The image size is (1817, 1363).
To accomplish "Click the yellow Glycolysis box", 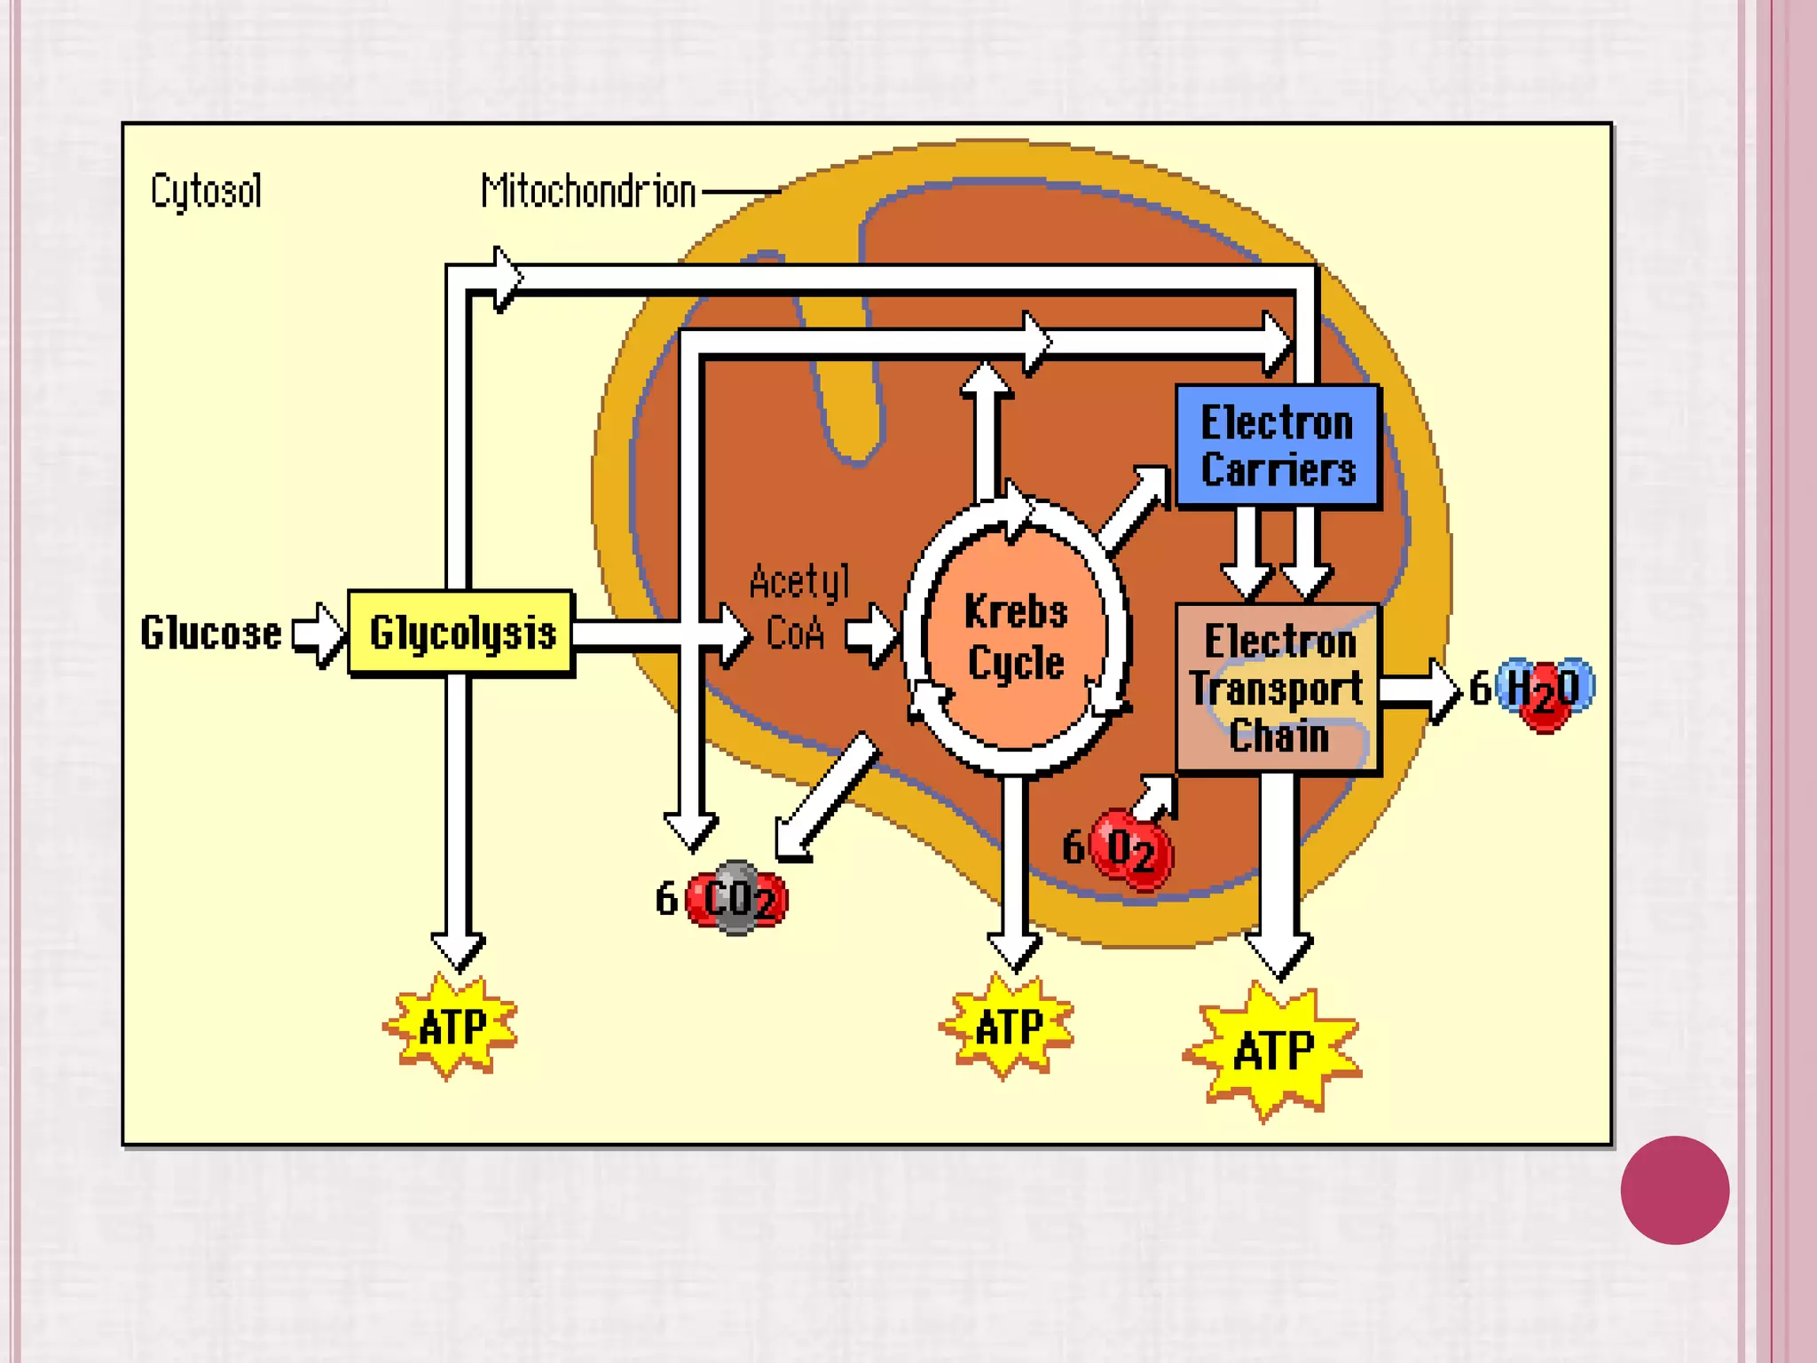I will coord(461,633).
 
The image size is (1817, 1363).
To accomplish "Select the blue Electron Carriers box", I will coord(1277,445).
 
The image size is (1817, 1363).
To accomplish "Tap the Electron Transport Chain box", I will coord(1277,689).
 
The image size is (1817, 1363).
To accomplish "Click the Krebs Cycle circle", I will coord(1016,637).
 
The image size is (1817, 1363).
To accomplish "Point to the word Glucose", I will coord(211,634).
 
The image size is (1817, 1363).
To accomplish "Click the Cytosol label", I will coord(206,191).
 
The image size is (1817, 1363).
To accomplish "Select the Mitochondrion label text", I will coord(588,192).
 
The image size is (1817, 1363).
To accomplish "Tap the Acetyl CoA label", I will coord(798,608).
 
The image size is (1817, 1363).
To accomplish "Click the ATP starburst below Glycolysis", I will coord(451,1027).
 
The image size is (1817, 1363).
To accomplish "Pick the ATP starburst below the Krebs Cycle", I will coord(1008,1027).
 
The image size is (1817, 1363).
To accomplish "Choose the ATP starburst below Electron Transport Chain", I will coord(1273,1051).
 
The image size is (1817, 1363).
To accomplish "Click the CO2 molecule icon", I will coord(737,899).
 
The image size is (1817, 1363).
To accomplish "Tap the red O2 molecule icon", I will coord(1130,849).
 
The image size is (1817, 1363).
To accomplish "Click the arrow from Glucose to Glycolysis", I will coord(319,634).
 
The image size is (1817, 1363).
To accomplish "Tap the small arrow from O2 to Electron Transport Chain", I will coord(1155,796).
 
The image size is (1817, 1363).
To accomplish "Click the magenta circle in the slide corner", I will coord(1674,1190).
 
